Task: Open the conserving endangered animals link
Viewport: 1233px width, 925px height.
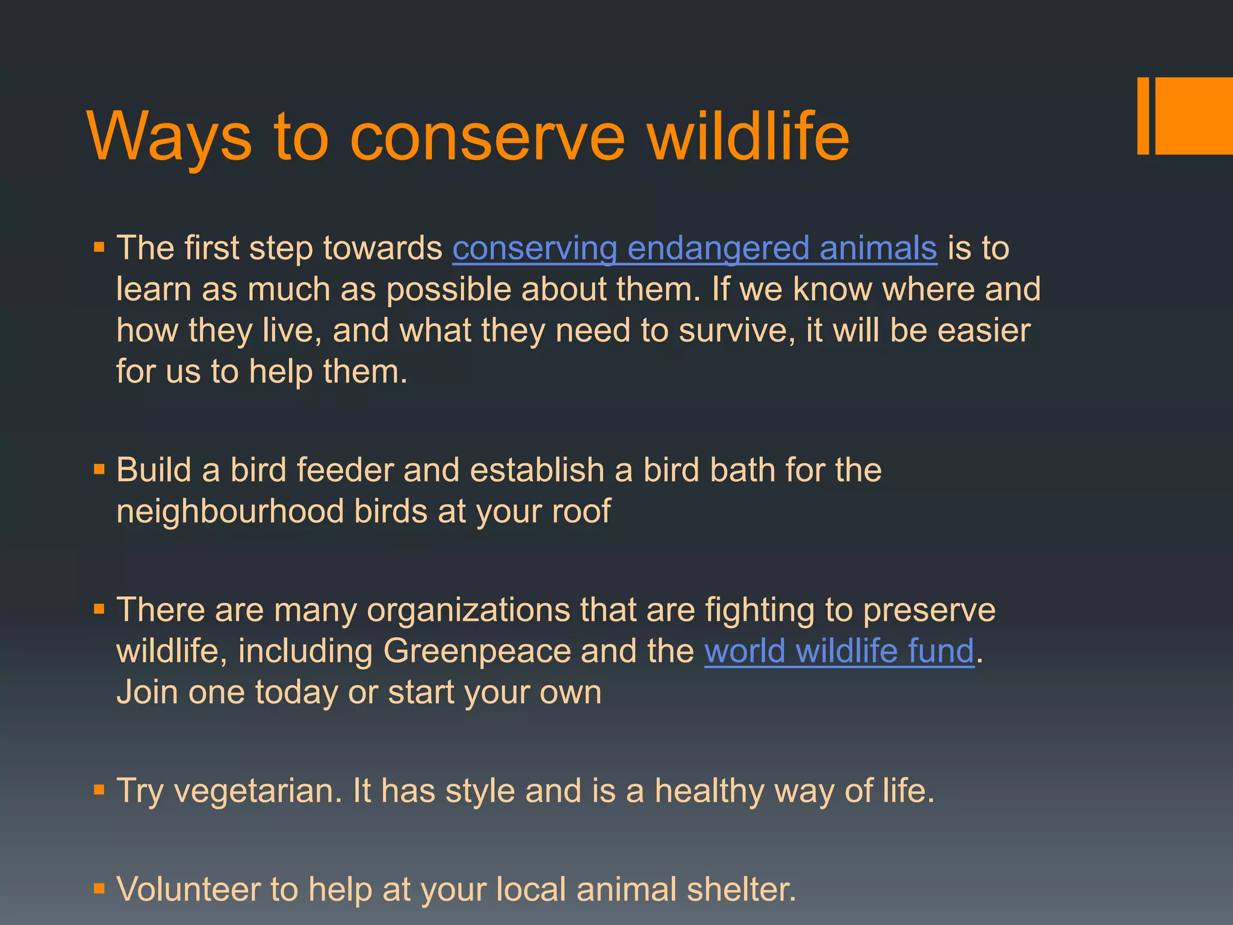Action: click(x=694, y=249)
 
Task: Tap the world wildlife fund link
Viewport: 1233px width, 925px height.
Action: click(x=839, y=652)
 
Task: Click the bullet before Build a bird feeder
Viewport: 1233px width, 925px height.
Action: click(x=99, y=469)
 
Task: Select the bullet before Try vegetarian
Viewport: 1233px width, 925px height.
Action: click(x=99, y=790)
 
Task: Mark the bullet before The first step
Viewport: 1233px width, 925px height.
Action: click(x=99, y=248)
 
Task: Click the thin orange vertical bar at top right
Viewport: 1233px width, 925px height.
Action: click(x=1143, y=116)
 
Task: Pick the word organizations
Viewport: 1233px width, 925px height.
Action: click(x=468, y=610)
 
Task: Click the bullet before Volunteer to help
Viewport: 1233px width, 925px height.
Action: click(x=99, y=888)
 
